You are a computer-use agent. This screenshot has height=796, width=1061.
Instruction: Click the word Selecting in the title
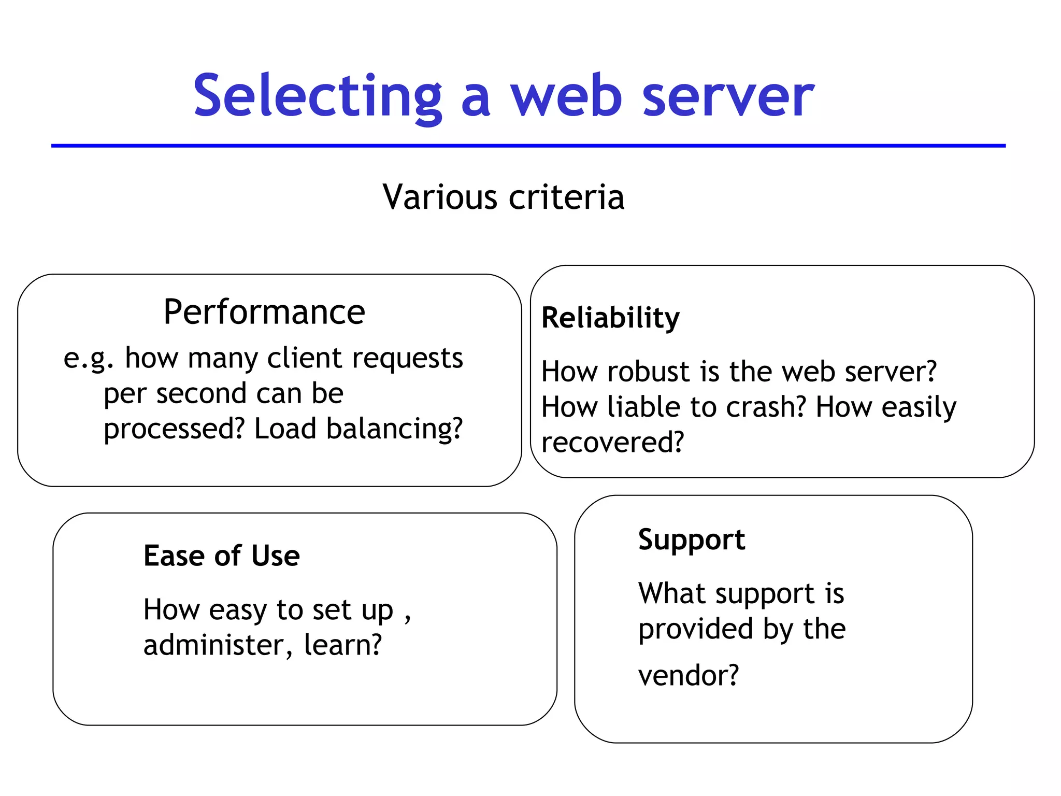coord(317,96)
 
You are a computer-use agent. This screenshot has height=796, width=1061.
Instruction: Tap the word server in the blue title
coord(728,96)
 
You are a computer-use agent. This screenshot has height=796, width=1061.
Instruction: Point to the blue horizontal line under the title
coord(528,146)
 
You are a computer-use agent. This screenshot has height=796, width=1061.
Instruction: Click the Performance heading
coord(264,312)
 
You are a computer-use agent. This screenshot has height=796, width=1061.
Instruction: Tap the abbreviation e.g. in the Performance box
coord(89,359)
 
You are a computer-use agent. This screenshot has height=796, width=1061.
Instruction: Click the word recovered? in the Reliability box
coord(612,443)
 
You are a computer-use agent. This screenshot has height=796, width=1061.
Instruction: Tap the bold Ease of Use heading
coord(222,556)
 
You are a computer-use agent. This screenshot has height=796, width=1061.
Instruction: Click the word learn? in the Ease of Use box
coord(342,645)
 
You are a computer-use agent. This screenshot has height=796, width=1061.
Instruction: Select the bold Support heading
coord(692,540)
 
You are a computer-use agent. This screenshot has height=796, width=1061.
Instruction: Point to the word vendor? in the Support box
coord(689,676)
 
